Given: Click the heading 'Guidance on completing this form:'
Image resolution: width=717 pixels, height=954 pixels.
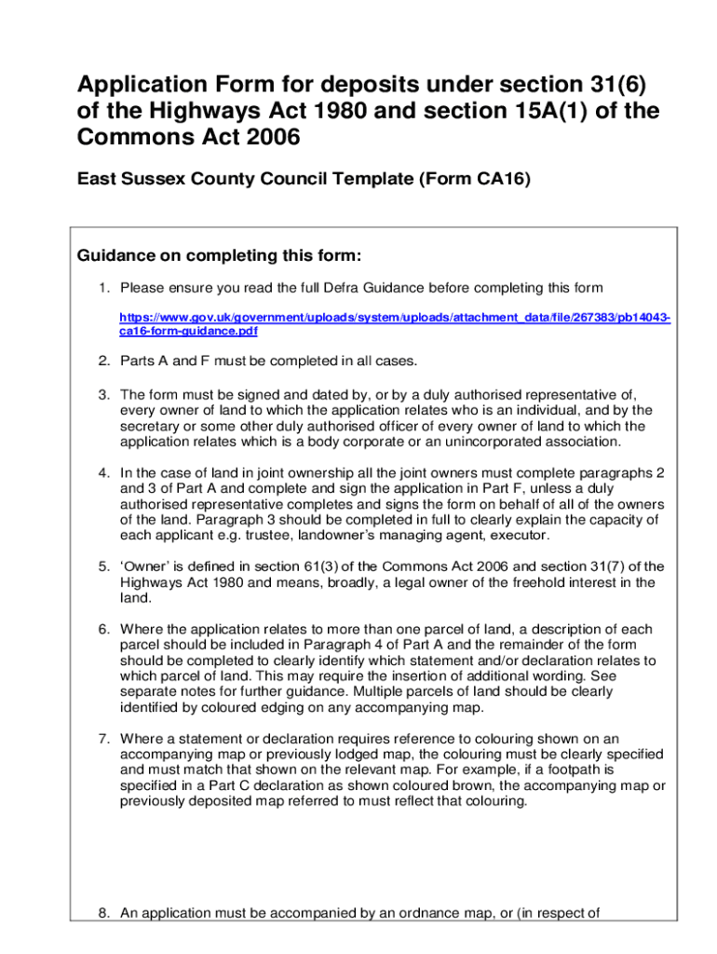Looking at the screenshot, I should click(x=218, y=255).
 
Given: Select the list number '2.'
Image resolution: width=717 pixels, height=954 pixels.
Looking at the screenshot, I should click(x=105, y=360).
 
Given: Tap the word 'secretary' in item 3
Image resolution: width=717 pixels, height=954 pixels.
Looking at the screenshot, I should click(x=151, y=426).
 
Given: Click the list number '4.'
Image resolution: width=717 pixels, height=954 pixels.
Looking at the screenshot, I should click(x=105, y=472).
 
